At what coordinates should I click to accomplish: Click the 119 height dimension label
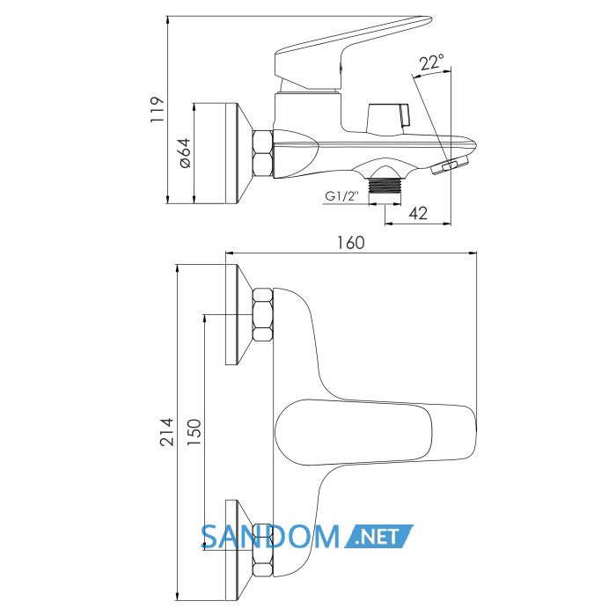coord(157,110)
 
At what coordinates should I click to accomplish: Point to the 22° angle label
coord(431,62)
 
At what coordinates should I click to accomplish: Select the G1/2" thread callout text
coord(341,195)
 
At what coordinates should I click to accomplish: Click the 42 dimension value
coord(418,213)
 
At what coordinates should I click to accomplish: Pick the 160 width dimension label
coord(351,242)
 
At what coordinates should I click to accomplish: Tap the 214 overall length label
coord(166,432)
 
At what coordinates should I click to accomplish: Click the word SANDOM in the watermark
coord(270,537)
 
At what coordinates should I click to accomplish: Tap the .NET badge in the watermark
coord(378,536)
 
